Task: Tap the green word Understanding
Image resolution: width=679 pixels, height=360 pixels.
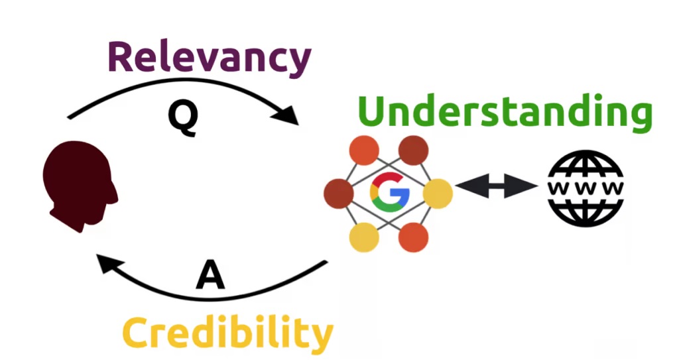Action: click(505, 111)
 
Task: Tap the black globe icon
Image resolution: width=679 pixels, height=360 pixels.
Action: click(586, 188)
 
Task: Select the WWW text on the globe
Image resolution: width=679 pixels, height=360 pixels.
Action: click(586, 188)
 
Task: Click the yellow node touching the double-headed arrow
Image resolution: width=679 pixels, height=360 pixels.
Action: click(438, 194)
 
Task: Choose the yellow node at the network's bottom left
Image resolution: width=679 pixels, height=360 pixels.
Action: click(364, 237)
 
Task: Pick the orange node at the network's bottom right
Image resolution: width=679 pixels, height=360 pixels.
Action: click(413, 237)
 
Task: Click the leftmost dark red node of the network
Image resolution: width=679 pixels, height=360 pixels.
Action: click(338, 194)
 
